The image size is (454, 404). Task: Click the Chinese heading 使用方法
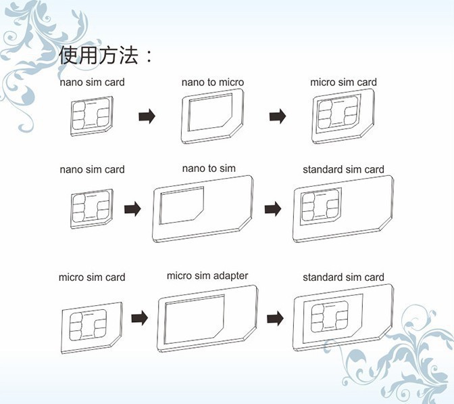(99, 55)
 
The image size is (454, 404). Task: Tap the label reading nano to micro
(213, 83)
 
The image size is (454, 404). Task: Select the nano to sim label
(209, 169)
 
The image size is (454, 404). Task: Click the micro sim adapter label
(207, 276)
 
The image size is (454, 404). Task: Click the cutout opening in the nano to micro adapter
(210, 112)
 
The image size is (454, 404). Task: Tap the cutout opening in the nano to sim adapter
(182, 205)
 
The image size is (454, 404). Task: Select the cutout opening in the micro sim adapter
(195, 319)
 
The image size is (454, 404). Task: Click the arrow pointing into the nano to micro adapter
(147, 116)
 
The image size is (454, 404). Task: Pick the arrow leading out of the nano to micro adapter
(278, 116)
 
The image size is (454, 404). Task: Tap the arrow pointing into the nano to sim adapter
(132, 209)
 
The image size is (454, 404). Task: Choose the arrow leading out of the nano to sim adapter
(273, 209)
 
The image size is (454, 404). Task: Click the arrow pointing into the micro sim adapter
(140, 318)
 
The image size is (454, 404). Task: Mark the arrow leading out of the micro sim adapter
(275, 318)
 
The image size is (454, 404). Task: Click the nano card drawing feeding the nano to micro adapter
(91, 116)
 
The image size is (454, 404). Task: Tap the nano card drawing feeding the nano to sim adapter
(91, 209)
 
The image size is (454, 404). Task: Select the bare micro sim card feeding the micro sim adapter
(92, 328)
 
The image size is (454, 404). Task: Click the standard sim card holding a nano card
(343, 209)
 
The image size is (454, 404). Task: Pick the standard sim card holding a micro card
(343, 318)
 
